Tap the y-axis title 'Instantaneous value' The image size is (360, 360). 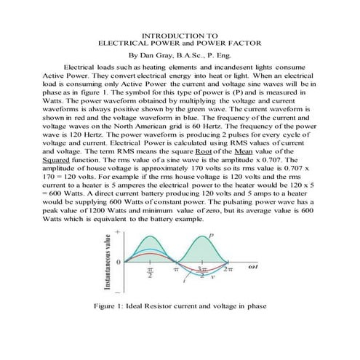click(x=108, y=263)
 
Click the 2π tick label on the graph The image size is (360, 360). click(x=227, y=269)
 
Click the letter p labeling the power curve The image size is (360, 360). click(x=212, y=235)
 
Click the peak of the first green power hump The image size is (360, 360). click(x=149, y=237)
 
